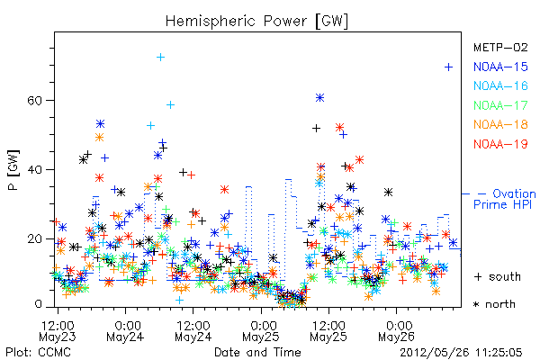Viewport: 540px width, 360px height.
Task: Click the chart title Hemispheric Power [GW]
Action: point(256,22)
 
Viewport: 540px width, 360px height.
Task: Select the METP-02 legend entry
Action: point(500,47)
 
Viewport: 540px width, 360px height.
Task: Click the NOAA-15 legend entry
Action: point(500,67)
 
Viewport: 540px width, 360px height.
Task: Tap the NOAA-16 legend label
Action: point(500,85)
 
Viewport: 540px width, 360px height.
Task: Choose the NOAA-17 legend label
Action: point(500,105)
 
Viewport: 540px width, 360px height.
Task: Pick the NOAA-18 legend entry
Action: point(500,124)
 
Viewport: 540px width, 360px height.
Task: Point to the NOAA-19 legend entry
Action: point(500,144)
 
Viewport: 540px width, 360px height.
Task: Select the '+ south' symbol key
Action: point(498,276)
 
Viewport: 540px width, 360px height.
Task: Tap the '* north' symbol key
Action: point(494,304)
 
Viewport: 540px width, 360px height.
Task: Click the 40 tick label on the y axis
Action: point(34,169)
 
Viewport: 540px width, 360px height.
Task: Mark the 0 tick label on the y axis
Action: point(39,304)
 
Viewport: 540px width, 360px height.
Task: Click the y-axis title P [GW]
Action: point(13,170)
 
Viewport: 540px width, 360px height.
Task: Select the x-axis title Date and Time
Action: point(257,352)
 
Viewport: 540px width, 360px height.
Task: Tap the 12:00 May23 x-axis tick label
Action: point(58,331)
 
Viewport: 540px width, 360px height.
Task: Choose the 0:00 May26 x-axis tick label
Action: point(396,331)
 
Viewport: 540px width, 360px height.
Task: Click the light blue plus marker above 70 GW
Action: point(160,58)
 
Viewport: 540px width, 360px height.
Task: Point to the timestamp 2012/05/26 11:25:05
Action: point(461,353)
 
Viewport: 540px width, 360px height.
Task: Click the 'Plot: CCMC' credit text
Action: point(38,352)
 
